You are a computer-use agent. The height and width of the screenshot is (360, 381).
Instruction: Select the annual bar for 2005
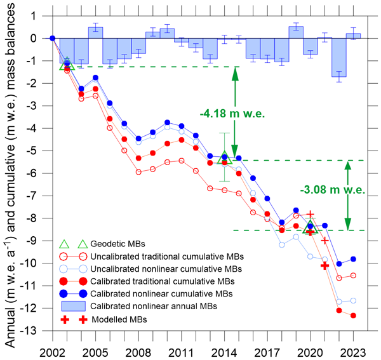(x=95, y=33)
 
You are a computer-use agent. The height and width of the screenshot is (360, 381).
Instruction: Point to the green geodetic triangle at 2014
(x=224, y=158)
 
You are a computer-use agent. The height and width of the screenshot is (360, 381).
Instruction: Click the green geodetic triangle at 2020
(x=311, y=227)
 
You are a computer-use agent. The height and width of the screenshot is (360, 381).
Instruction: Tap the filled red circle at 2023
(x=353, y=316)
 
